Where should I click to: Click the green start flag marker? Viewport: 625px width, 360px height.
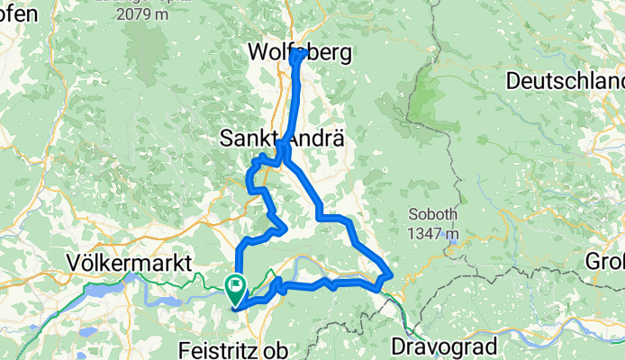coord(237,287)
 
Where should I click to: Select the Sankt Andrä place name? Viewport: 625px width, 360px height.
coord(280,140)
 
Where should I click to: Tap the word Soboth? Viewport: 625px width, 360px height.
coord(435,217)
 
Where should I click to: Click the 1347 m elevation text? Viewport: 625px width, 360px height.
coord(435,235)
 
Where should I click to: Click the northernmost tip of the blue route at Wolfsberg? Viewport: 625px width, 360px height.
coord(298,51)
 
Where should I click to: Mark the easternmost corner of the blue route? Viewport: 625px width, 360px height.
coord(392,274)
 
